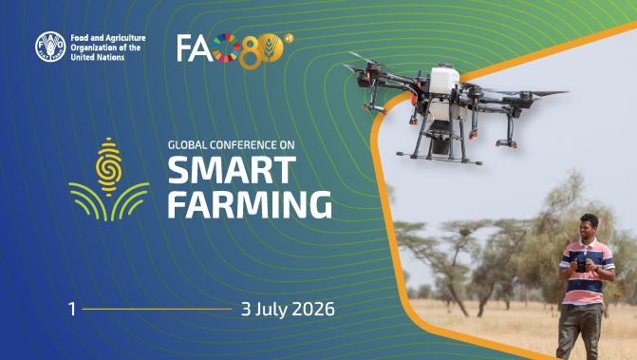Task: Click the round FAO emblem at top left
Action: tap(50, 47)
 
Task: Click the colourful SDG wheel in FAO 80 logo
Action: tap(226, 47)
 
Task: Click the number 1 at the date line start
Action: tap(71, 310)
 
